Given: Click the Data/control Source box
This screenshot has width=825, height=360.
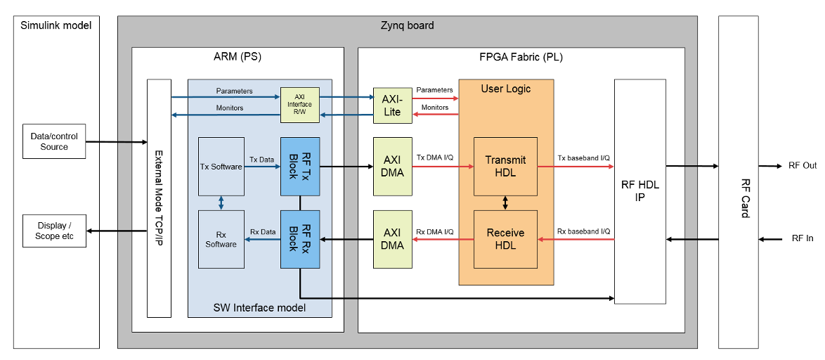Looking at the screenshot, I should pyautogui.click(x=54, y=141).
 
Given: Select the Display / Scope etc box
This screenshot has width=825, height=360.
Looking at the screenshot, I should pyautogui.click(x=54, y=231).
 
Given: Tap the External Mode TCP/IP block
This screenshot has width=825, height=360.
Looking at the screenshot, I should pyautogui.click(x=159, y=198).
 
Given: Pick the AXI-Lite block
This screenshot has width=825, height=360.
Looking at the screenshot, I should pyautogui.click(x=392, y=105).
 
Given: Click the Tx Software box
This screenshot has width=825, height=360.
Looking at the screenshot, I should pyautogui.click(x=221, y=167).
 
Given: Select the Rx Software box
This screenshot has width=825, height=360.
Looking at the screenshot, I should pyautogui.click(x=221, y=239).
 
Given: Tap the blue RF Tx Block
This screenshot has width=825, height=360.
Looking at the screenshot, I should pyautogui.click(x=300, y=167).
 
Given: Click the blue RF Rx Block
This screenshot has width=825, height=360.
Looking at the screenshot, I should pyautogui.click(x=300, y=239).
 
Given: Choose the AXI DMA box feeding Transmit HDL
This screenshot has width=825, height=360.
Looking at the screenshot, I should pyautogui.click(x=392, y=167).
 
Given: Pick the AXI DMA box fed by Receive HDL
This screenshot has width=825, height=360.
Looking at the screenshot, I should pyautogui.click(x=392, y=239).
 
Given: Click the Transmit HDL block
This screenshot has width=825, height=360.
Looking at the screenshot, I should pyautogui.click(x=505, y=167).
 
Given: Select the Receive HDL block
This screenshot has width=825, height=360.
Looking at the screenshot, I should pyautogui.click(x=505, y=239).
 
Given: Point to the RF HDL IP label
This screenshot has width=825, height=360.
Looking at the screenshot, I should pyautogui.click(x=640, y=191).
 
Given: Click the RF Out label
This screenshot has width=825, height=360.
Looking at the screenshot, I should pyautogui.click(x=803, y=166).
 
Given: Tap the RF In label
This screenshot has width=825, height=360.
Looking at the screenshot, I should pyautogui.click(x=803, y=239).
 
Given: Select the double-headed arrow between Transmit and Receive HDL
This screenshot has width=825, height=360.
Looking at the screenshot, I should pyautogui.click(x=505, y=202).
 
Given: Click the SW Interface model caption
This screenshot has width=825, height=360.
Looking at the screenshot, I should pyautogui.click(x=259, y=307).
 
